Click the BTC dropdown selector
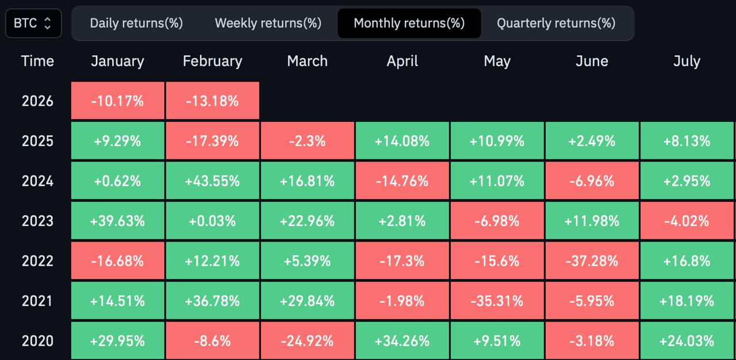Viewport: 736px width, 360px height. point(33,24)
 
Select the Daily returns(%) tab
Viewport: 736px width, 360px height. point(136,23)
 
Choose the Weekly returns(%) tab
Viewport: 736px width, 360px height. point(268,23)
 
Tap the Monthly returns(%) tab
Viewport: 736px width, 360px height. point(409,23)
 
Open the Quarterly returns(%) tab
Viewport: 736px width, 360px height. point(556,23)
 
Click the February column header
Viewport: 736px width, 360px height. point(212,62)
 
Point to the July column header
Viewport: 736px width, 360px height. point(687,62)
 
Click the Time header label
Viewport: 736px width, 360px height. point(37,62)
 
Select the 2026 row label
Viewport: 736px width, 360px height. point(37,101)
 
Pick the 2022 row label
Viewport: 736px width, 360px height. point(37,261)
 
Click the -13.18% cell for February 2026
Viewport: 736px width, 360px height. point(212,101)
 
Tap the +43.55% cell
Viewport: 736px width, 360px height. point(212,181)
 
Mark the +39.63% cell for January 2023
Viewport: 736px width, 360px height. point(117,221)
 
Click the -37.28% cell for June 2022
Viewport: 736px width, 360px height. point(592,261)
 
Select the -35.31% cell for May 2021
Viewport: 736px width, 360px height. point(497,301)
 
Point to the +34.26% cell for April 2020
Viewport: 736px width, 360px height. point(402,340)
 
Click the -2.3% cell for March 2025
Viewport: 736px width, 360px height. point(307,141)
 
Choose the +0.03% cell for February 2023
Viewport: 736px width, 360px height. point(212,221)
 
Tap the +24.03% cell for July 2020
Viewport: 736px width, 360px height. point(687,340)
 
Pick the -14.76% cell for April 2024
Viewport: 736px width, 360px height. point(402,181)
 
